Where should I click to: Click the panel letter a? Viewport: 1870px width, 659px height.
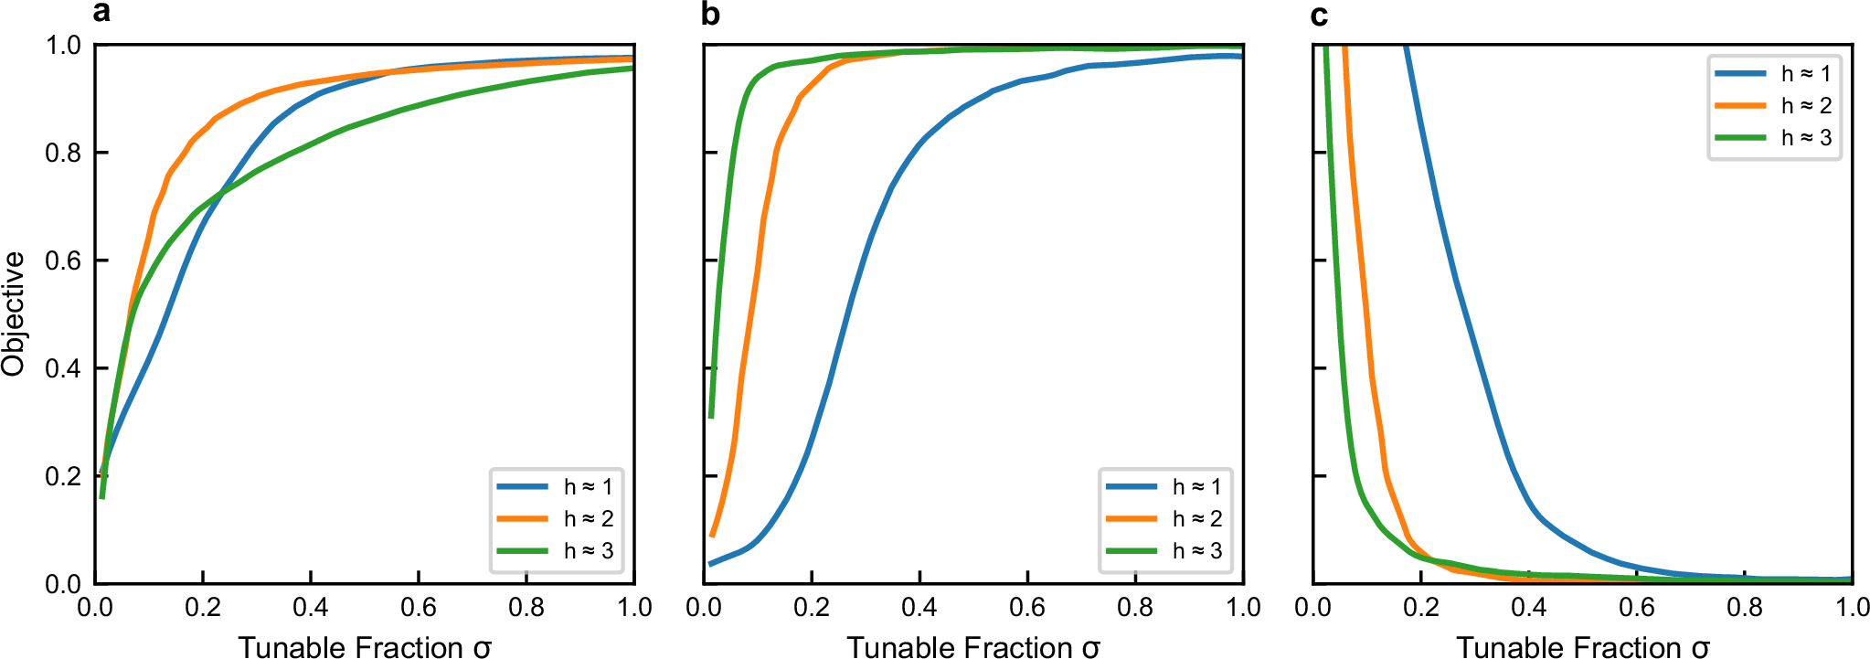(101, 14)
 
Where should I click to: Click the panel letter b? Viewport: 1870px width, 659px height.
(710, 14)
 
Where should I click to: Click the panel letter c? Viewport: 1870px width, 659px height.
(1319, 14)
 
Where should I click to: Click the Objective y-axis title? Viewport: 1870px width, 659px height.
(14, 314)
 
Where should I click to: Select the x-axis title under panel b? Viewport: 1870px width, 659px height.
(973, 647)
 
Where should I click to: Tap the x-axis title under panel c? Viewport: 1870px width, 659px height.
(1582, 647)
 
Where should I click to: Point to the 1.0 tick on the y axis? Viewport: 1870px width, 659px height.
(63, 45)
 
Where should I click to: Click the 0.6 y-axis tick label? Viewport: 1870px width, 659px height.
(63, 260)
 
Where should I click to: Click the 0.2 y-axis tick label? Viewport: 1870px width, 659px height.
(63, 476)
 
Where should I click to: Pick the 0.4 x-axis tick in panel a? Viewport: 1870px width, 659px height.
(311, 608)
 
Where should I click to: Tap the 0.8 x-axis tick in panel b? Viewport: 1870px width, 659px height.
(1135, 608)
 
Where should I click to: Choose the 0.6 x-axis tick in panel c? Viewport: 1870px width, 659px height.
(1637, 608)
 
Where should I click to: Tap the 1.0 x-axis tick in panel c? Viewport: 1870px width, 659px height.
(1853, 608)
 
